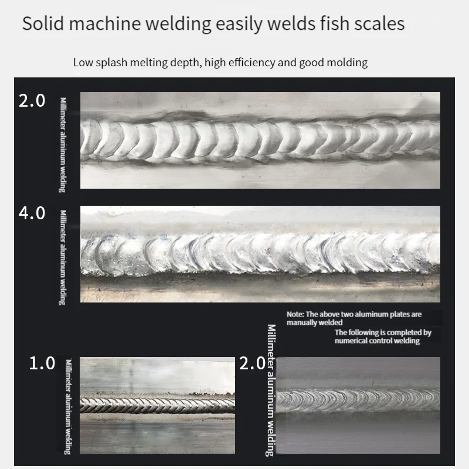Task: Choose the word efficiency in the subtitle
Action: tap(246, 62)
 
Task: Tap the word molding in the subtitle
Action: tap(346, 62)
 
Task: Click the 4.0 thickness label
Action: tap(32, 213)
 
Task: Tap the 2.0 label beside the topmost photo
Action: tap(32, 101)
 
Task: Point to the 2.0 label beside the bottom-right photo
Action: tap(253, 363)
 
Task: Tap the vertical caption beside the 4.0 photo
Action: tap(63, 257)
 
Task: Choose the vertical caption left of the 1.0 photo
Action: tap(68, 405)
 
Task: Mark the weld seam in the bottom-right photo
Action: tap(358, 400)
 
